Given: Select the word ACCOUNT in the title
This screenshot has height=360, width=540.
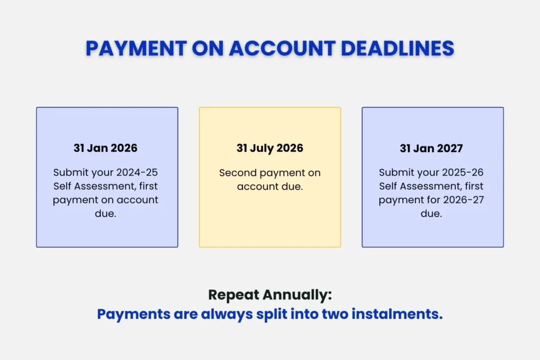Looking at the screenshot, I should (283, 48).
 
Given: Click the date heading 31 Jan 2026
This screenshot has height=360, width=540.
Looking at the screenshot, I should (105, 148).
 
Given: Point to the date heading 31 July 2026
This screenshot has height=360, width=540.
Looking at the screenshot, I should (270, 148).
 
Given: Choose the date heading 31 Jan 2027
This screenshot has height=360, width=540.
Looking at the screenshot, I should (431, 148).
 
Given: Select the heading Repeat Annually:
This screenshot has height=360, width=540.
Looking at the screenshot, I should (270, 295).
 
